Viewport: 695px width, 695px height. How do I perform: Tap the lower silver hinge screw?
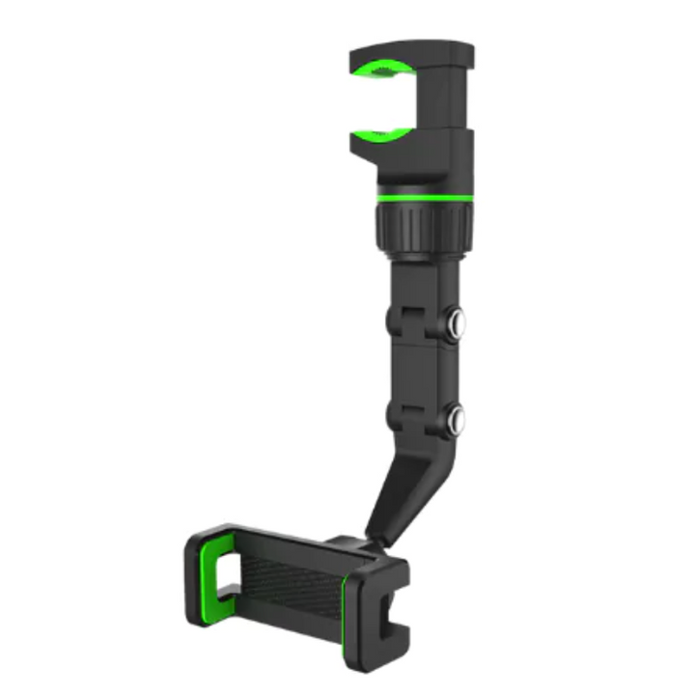(454, 419)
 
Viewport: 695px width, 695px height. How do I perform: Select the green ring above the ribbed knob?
(425, 197)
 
